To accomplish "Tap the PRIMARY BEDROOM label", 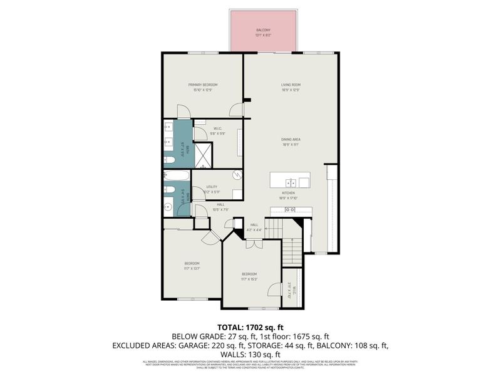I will [203, 85].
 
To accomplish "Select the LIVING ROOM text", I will [291, 85].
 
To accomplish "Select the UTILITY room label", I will [211, 187].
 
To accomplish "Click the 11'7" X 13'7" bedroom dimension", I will [192, 268].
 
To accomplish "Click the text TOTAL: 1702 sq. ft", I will [250, 327].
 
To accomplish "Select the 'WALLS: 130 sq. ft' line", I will [250, 353].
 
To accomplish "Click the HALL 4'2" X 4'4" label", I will [254, 227].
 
